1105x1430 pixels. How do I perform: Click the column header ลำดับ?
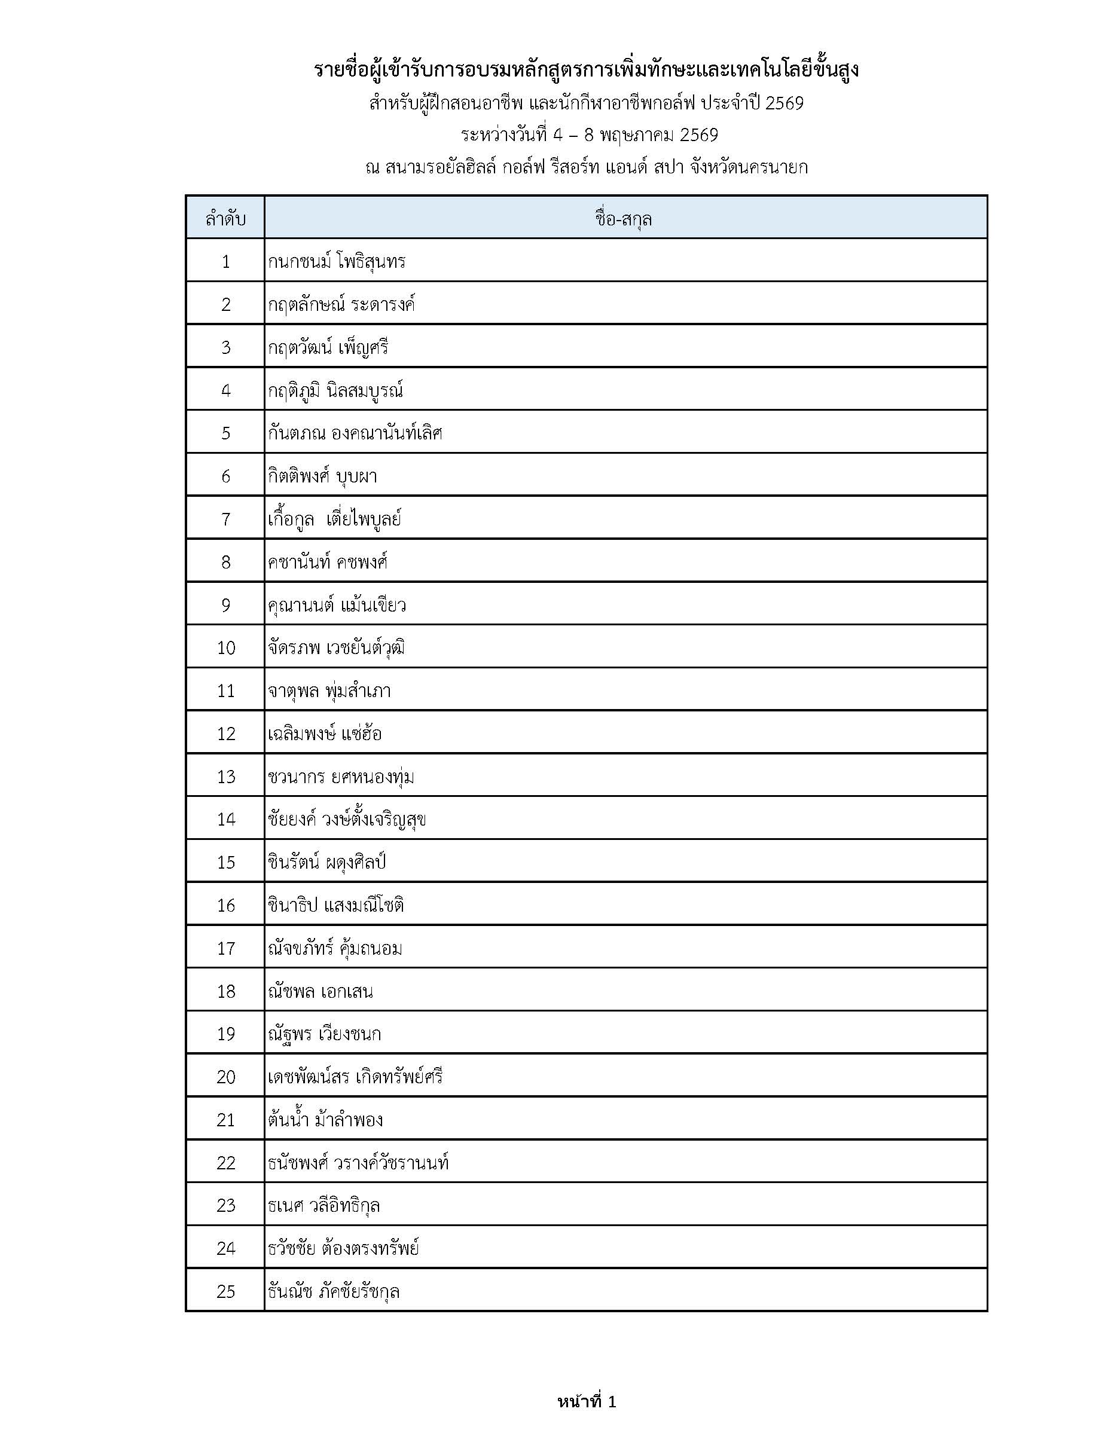(x=225, y=219)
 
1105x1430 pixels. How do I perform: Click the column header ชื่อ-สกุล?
(x=624, y=219)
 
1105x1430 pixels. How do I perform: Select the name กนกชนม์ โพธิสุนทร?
(x=337, y=262)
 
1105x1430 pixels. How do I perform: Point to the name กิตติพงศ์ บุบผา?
(x=322, y=476)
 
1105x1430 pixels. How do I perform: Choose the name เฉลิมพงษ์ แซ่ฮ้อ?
(x=324, y=734)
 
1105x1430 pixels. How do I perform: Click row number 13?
(x=225, y=777)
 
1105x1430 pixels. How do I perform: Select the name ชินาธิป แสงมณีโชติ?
(x=335, y=905)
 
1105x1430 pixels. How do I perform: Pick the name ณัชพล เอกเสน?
(x=320, y=991)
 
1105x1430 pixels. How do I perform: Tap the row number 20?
(x=225, y=1077)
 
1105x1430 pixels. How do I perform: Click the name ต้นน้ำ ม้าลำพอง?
(x=325, y=1120)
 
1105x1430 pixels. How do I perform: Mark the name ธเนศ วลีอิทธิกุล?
(x=323, y=1205)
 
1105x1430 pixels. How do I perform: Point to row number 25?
(x=225, y=1291)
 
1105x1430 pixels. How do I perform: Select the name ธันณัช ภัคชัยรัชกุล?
(x=334, y=1291)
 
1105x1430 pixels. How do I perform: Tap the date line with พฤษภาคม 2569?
(x=589, y=135)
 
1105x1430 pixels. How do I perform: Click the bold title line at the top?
(x=586, y=70)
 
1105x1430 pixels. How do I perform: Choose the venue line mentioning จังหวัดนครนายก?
(x=586, y=167)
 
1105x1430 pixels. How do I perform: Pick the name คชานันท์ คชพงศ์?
(x=328, y=562)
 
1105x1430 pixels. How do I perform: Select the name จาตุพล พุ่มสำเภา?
(x=329, y=690)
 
